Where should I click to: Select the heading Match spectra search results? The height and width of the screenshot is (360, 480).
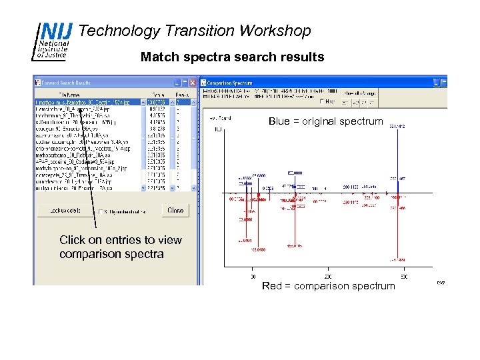click(232, 57)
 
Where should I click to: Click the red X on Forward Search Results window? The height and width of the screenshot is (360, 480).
click(193, 83)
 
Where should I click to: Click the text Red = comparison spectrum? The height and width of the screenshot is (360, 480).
click(328, 285)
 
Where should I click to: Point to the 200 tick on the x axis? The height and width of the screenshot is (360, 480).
click(327, 275)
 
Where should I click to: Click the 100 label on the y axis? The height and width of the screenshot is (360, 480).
click(218, 129)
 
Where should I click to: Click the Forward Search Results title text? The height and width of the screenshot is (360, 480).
click(66, 83)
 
